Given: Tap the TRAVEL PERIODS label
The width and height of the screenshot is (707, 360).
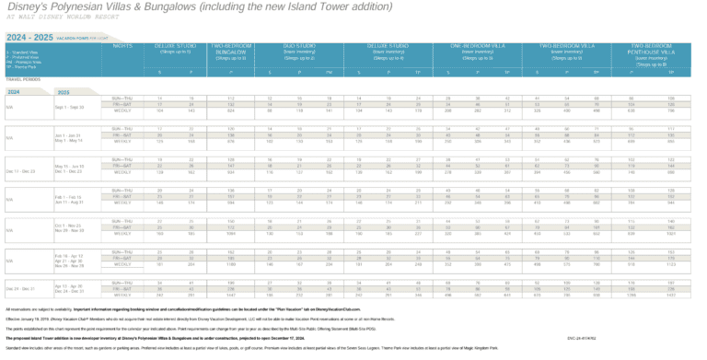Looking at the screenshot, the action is (22, 79).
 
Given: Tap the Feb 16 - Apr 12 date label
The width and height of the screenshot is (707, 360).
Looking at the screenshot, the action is (69, 254).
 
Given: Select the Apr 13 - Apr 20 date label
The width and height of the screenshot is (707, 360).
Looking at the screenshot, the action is (69, 285).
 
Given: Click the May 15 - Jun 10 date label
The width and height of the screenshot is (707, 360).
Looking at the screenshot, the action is (69, 167).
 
